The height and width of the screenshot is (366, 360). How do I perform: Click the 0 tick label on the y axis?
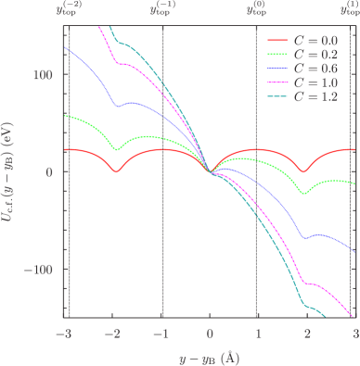pos(54,172)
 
